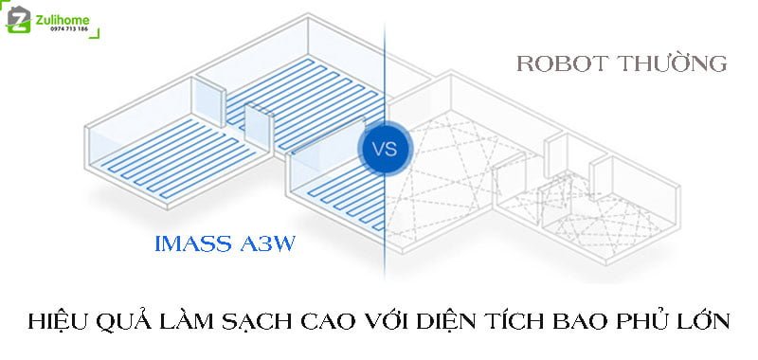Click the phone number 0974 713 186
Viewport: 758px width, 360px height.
coord(59,28)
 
